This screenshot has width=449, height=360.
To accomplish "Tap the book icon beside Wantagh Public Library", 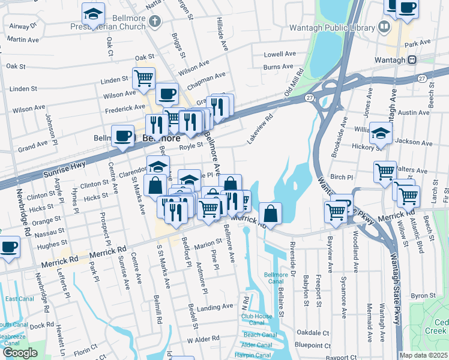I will coord(384,27).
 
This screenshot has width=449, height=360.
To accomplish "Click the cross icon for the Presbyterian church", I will coord(155,22).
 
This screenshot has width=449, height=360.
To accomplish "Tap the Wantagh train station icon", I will coord(412,59).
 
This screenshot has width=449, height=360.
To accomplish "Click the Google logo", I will coord(20,353).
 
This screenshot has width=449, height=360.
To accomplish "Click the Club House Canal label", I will coord(257,319).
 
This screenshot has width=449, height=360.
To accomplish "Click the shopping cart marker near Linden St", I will coord(143,77).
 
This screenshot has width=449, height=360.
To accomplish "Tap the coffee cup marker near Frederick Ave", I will coord(167,93).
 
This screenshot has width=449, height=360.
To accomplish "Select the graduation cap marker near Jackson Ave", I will coord(381,133).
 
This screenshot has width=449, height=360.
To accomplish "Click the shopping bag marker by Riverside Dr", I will coord(270,212).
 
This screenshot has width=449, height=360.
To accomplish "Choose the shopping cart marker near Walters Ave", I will coord(385,171).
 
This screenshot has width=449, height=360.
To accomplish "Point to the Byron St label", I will coord(423,296).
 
